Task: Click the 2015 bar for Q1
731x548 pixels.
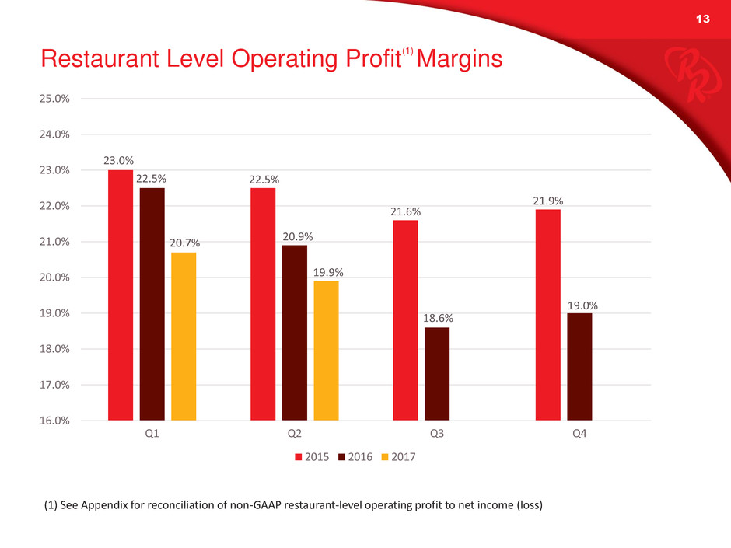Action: [121, 295]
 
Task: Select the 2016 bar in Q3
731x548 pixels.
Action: [437, 374]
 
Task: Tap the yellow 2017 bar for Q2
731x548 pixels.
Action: [326, 351]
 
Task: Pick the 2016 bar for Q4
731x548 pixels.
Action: [579, 367]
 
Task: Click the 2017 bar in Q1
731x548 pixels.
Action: [184, 337]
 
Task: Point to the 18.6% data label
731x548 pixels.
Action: [437, 318]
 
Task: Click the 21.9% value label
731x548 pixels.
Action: [548, 201]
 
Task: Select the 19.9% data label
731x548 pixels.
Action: [326, 272]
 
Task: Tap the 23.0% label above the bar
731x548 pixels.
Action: [121, 161]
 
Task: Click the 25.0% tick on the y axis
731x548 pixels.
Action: [54, 99]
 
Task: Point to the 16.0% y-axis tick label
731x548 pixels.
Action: [54, 421]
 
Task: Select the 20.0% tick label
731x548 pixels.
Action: [54, 277]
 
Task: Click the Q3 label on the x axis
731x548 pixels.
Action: [437, 434]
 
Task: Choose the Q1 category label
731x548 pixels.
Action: [152, 434]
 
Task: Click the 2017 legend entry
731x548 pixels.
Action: [398, 457]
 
